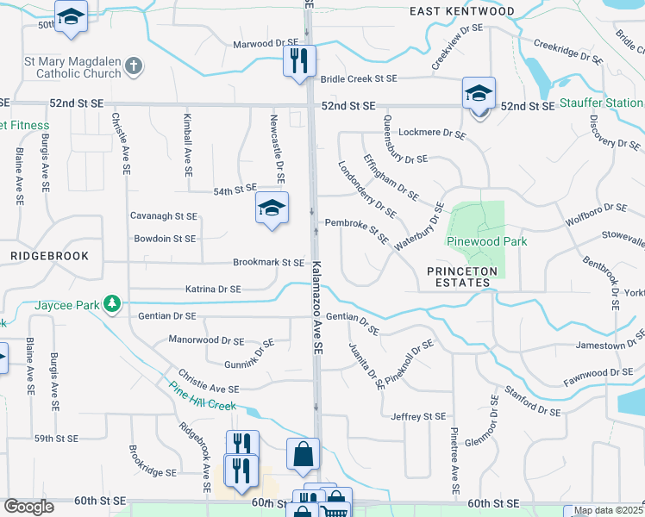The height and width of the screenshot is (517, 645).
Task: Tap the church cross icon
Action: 133,65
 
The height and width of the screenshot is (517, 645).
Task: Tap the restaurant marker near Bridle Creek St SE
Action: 299,61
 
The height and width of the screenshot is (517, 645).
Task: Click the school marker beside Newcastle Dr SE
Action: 272,208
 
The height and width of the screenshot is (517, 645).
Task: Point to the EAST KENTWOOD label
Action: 461,11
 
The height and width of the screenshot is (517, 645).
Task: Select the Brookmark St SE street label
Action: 268,263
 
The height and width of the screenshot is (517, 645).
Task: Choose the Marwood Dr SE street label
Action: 265,44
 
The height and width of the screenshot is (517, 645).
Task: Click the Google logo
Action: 28,507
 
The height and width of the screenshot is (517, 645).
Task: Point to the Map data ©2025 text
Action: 608,511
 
